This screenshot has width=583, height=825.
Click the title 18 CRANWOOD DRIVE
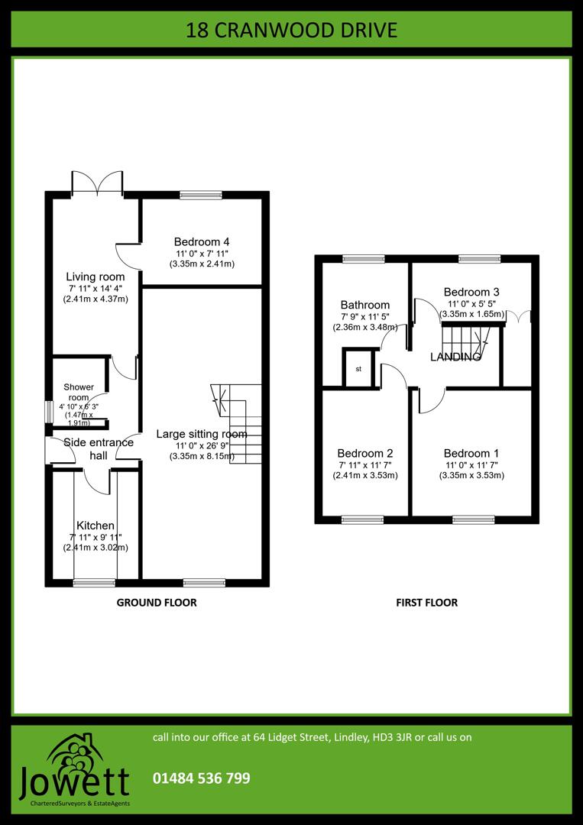click(x=291, y=31)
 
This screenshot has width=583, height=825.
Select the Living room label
click(x=95, y=277)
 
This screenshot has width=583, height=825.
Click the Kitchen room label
click(x=96, y=526)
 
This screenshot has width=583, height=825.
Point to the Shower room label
click(x=78, y=392)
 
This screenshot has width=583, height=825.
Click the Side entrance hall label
click(x=99, y=448)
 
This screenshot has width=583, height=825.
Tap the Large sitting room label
click(x=202, y=434)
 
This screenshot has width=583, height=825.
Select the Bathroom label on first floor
click(x=365, y=305)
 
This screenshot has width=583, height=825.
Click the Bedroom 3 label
click(x=471, y=292)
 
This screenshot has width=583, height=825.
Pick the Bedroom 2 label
click(x=365, y=453)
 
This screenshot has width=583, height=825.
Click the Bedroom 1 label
click(x=471, y=453)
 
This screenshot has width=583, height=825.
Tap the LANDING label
click(x=455, y=357)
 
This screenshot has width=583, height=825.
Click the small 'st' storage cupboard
click(x=359, y=369)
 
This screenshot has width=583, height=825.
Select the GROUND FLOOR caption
click(x=157, y=603)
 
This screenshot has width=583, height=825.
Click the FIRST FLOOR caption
click(x=426, y=603)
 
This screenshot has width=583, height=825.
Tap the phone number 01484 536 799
click(x=202, y=778)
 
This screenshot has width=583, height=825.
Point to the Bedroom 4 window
click(x=201, y=196)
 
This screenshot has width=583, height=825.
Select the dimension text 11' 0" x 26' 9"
click(x=202, y=446)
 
